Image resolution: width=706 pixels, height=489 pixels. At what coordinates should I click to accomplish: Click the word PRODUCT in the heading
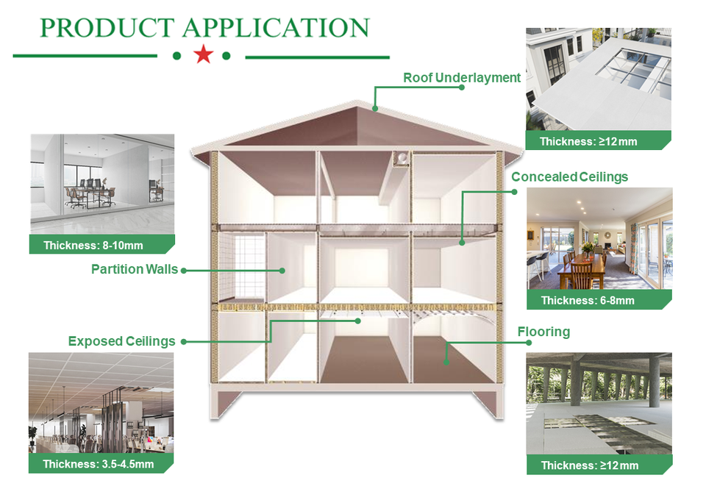pos(107,27)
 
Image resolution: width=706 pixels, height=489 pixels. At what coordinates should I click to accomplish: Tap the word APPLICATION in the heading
pos(275,27)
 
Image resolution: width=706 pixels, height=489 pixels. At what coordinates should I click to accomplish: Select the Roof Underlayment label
pos(461,78)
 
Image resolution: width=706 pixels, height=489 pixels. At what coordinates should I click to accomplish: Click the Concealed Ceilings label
pos(569,177)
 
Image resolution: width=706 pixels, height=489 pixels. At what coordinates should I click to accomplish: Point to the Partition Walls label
pos(135,269)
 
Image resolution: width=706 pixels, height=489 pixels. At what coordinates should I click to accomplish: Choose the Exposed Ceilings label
pos(121,341)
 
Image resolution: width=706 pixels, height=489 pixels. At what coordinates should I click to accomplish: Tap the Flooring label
pos(543,332)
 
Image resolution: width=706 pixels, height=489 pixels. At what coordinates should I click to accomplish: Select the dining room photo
pos(599,238)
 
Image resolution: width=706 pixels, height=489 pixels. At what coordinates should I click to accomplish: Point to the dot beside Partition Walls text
pos(183,271)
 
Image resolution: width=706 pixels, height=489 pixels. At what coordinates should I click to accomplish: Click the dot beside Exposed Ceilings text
pos(182,342)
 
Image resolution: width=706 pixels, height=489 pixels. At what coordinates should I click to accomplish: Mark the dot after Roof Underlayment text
pos(461,87)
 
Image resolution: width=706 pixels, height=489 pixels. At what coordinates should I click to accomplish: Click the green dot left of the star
pos(176,55)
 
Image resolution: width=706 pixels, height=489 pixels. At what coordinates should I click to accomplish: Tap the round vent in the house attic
pos(401,157)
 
